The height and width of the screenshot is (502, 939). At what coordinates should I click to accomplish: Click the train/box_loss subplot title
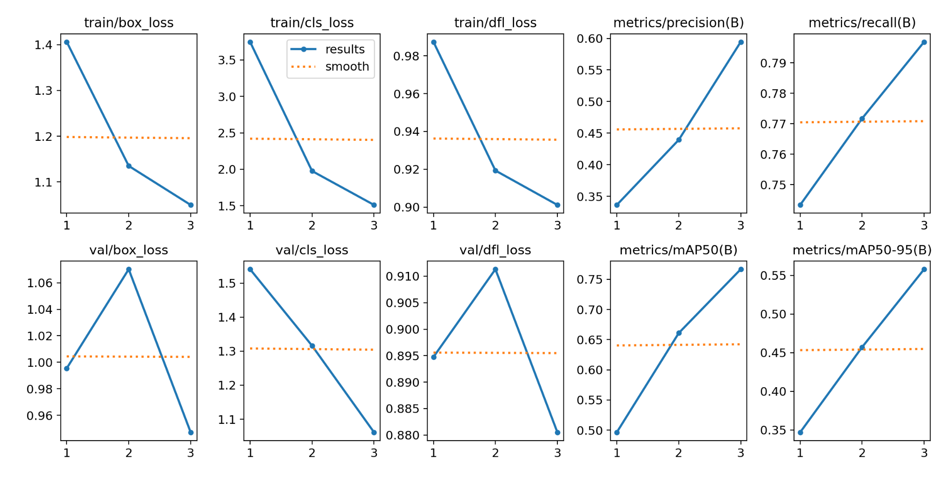pos(129,23)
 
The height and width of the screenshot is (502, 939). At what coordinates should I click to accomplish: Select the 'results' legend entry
pos(344,49)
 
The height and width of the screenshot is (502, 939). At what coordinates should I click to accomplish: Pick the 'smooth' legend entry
pos(347,66)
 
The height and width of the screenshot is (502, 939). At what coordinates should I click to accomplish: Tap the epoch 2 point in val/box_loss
pos(129,270)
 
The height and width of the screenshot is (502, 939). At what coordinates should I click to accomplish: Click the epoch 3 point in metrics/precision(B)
pos(741,42)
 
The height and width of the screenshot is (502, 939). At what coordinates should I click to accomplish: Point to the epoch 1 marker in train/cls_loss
pos(250,42)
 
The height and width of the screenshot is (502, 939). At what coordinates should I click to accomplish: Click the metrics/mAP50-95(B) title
pos(862,250)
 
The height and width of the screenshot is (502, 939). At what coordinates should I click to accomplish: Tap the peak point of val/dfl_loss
pos(496,270)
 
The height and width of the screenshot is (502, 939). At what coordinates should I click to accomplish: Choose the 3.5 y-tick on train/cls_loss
pos(227,60)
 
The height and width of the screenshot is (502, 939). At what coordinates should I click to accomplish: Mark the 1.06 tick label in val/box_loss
pos(40,283)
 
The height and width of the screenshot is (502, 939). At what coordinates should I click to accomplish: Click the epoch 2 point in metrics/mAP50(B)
pos(679,333)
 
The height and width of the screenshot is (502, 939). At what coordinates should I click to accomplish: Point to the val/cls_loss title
pos(311,250)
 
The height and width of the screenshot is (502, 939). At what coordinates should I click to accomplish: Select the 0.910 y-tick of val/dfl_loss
pos(403,277)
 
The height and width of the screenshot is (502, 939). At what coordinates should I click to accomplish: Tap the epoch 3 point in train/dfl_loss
pos(557,205)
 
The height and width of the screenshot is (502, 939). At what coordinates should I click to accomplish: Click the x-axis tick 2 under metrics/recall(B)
pos(862,225)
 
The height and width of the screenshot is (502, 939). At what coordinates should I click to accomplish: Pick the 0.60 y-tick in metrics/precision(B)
pos(589,39)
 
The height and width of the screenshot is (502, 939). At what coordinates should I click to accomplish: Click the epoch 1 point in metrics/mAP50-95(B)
pos(800,433)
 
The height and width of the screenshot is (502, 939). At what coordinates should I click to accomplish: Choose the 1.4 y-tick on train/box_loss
pos(43,45)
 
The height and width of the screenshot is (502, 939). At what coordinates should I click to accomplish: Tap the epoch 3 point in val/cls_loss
pos(374,433)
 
